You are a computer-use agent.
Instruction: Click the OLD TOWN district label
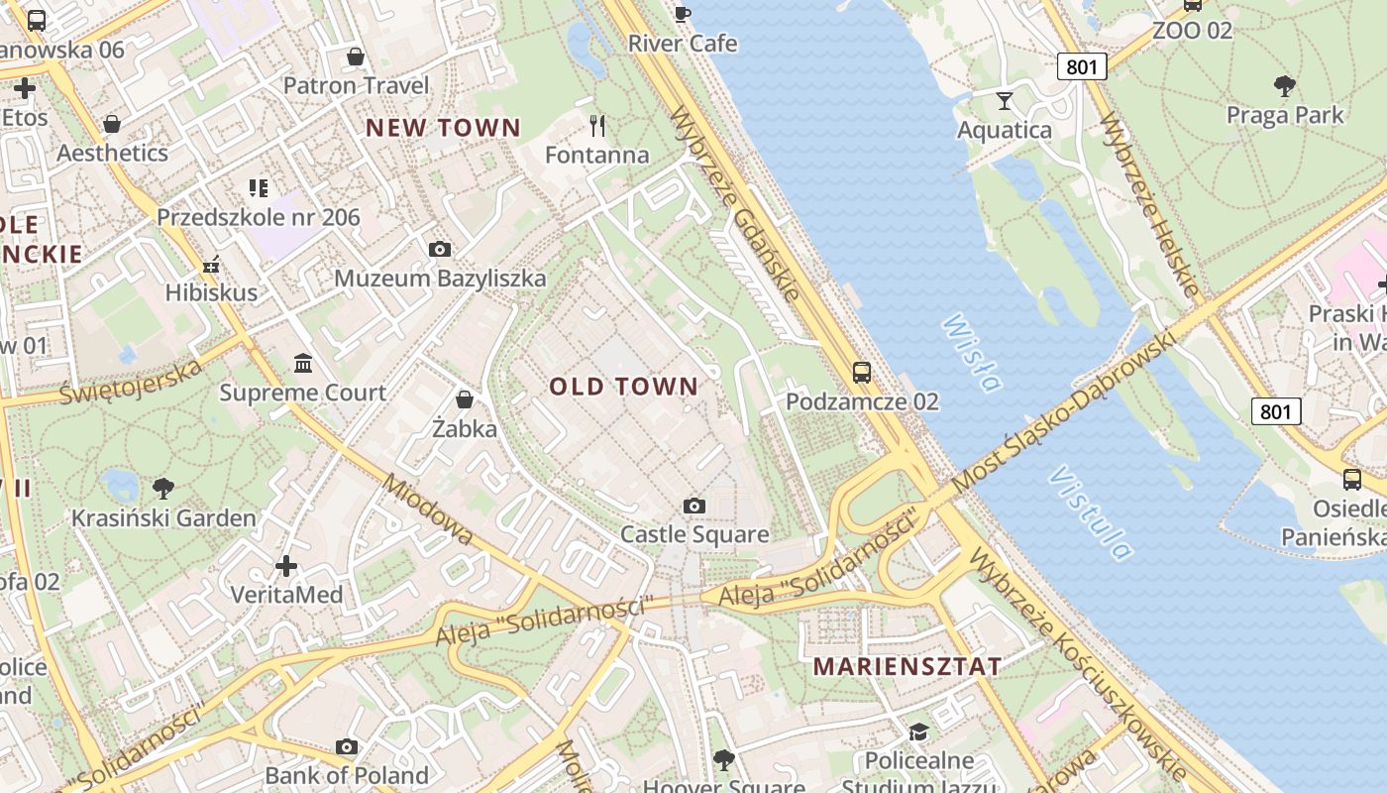[x=624, y=387]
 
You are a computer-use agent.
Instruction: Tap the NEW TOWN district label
[x=443, y=128]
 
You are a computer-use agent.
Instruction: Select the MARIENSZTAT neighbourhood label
[x=907, y=667]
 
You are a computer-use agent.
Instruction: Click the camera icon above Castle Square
[x=694, y=507]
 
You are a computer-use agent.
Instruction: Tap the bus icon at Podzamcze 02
[x=862, y=373]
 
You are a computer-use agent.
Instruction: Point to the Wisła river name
[x=971, y=353]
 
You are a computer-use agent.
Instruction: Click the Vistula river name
[x=1090, y=512]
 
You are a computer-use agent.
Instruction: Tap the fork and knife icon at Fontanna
[x=597, y=126]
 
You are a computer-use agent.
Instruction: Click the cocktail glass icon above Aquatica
[x=1005, y=100]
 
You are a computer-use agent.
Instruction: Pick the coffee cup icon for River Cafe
[x=683, y=14]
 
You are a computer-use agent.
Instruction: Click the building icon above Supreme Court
[x=303, y=364]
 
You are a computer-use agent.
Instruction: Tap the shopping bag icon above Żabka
[x=464, y=399]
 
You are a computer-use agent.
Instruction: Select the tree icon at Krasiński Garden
[x=163, y=488]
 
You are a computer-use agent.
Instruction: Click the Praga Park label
[x=1285, y=115]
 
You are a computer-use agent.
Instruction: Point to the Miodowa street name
[x=428, y=510]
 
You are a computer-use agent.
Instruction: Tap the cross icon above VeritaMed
[x=286, y=566]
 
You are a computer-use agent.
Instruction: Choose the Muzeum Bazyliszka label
[x=440, y=279]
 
